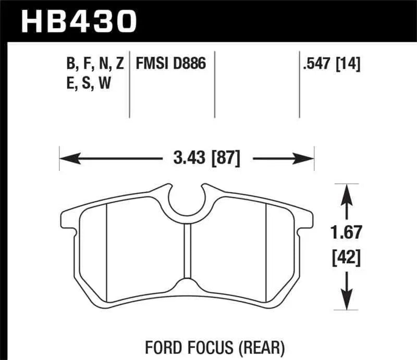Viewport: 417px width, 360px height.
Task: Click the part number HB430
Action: pyautogui.click(x=78, y=21)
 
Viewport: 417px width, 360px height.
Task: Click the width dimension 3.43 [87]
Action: pyautogui.click(x=205, y=158)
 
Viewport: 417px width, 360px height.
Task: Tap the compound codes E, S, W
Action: pyautogui.click(x=89, y=83)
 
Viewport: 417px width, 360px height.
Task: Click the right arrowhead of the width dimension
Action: pyautogui.click(x=309, y=158)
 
